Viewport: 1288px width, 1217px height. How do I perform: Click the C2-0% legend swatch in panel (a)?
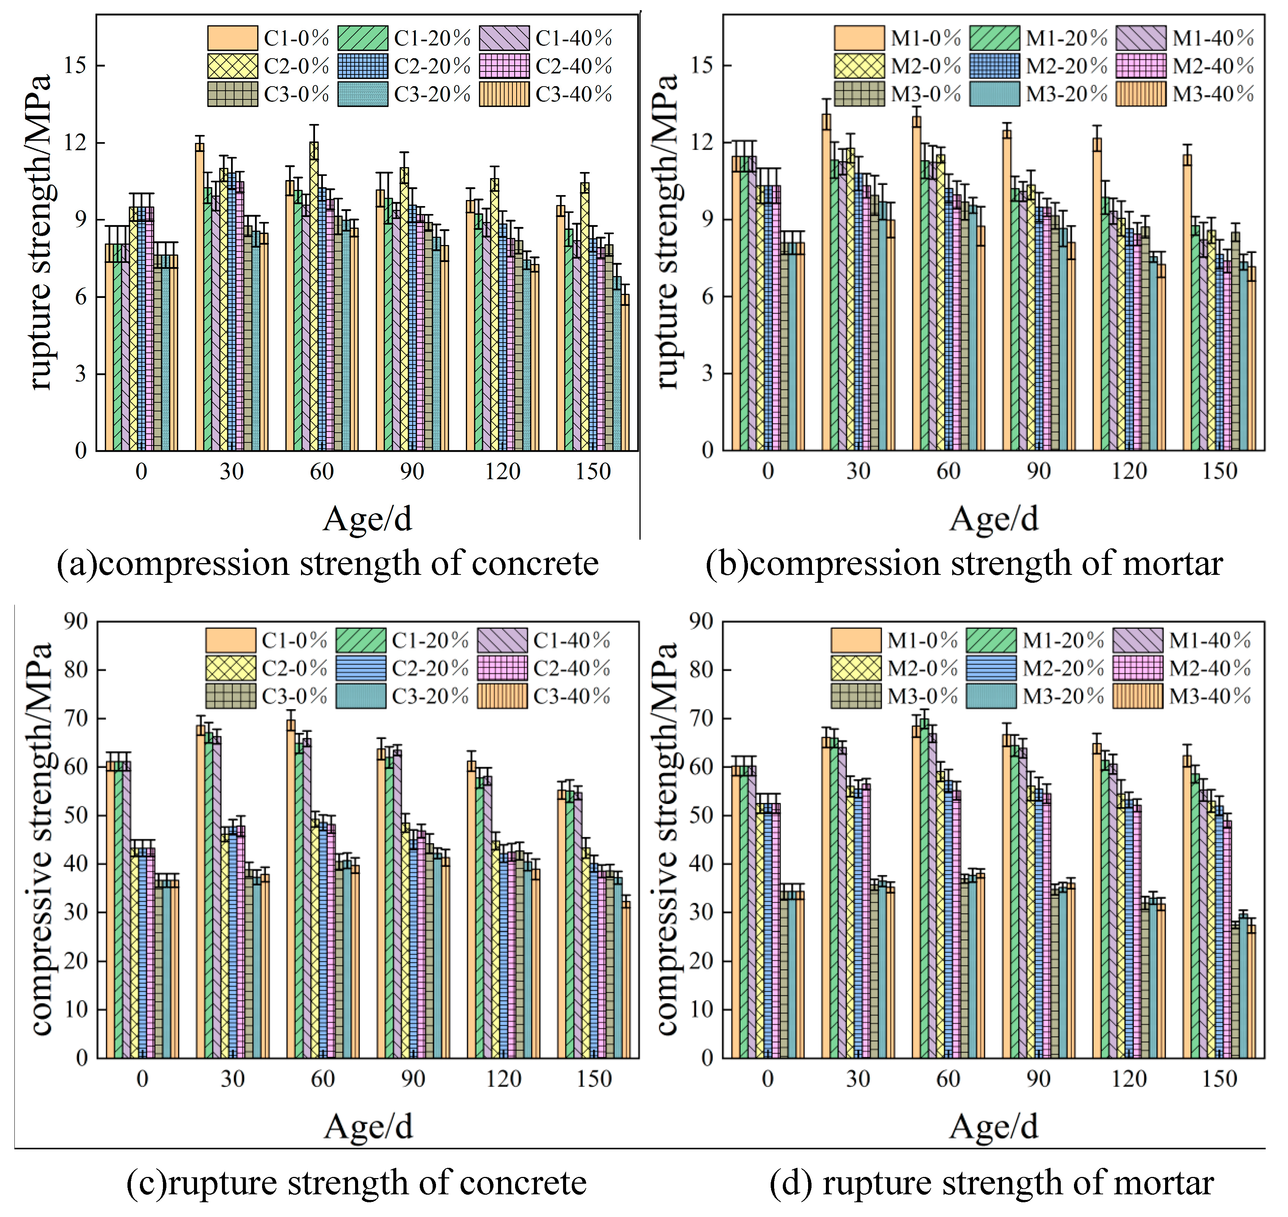(232, 66)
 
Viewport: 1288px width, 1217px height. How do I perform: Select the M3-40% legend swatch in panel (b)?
(1141, 94)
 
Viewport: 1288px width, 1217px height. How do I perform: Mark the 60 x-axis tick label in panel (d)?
(948, 1079)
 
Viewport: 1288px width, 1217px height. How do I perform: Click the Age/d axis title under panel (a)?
(368, 519)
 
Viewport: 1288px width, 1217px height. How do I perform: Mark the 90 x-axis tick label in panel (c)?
(413, 1079)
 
